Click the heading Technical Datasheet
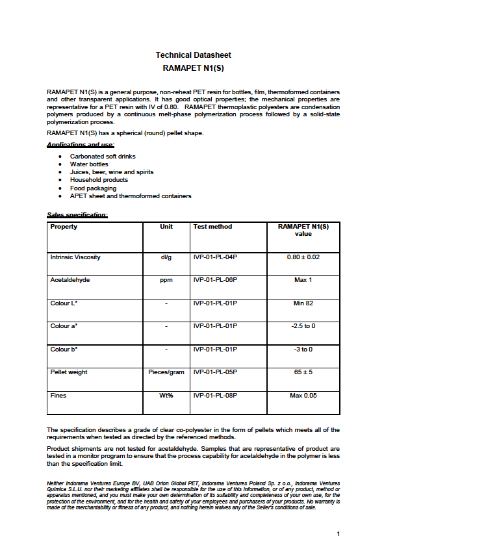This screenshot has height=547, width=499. tap(193, 55)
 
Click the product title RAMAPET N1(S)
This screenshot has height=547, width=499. tap(193, 68)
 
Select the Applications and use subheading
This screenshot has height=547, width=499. tap(81, 144)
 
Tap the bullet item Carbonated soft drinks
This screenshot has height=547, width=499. tap(103, 157)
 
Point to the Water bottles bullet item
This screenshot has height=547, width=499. tap(89, 164)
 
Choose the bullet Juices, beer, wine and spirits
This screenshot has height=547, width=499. tap(112, 172)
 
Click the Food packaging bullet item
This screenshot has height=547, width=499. tap(93, 188)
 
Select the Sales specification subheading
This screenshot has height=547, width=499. tap(77, 214)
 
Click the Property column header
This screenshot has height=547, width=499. tap(64, 227)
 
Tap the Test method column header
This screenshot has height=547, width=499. tap(212, 227)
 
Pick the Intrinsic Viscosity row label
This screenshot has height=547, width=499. tap(75, 257)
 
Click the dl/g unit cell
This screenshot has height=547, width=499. tap(166, 257)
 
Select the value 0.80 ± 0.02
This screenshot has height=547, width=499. tap(303, 257)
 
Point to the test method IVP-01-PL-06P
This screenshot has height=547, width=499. tap(215, 280)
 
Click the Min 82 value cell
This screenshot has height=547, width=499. tap(303, 303)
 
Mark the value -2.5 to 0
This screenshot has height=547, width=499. tap(303, 326)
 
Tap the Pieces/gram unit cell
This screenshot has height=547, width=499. tap(166, 372)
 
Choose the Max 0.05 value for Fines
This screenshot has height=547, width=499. tap(303, 395)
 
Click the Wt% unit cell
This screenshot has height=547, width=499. tap(166, 395)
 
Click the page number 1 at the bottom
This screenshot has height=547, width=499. tap(339, 534)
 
